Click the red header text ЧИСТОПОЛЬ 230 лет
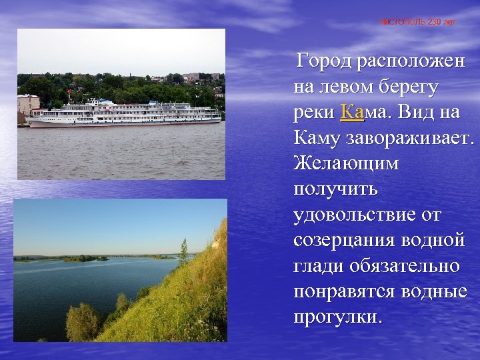(418, 22)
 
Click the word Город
(325, 62)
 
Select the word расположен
(411, 62)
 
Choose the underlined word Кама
(363, 113)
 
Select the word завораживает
(410, 139)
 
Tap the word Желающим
(345, 163)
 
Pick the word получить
(335, 189)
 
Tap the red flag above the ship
(69, 93)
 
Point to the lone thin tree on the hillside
(183, 251)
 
